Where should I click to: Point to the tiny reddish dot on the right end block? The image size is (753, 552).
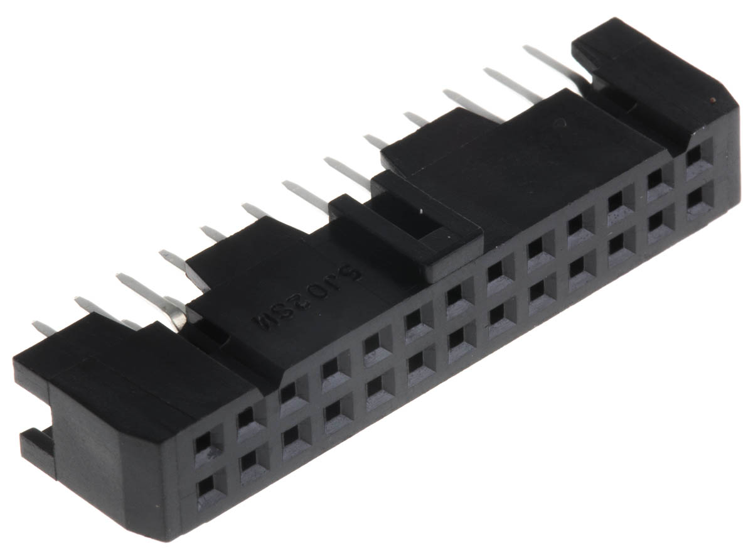click(710, 100)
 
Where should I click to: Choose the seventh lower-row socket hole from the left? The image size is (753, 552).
click(455, 337)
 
